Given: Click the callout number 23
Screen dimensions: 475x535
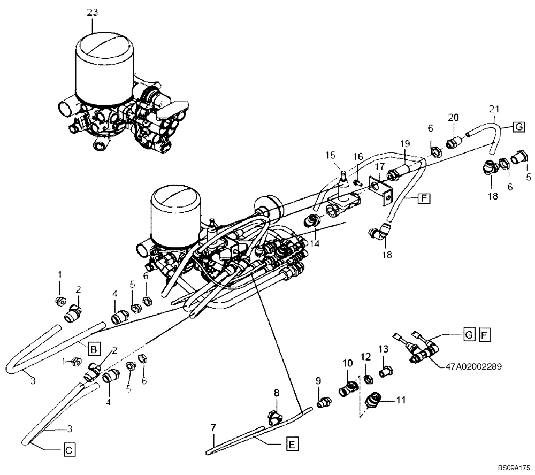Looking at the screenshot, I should (x=93, y=12).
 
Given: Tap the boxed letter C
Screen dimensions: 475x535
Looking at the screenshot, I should (x=68, y=450).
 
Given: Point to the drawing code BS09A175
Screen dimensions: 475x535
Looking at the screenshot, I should (x=513, y=467).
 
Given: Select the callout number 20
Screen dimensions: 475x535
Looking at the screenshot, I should (x=454, y=118).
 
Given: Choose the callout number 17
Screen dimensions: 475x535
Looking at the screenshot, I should (x=379, y=167).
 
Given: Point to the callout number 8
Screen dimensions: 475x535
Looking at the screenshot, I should (x=277, y=393).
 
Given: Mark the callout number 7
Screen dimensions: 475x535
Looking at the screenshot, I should (x=213, y=428).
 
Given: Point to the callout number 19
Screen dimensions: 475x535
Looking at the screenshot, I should (x=405, y=143).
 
